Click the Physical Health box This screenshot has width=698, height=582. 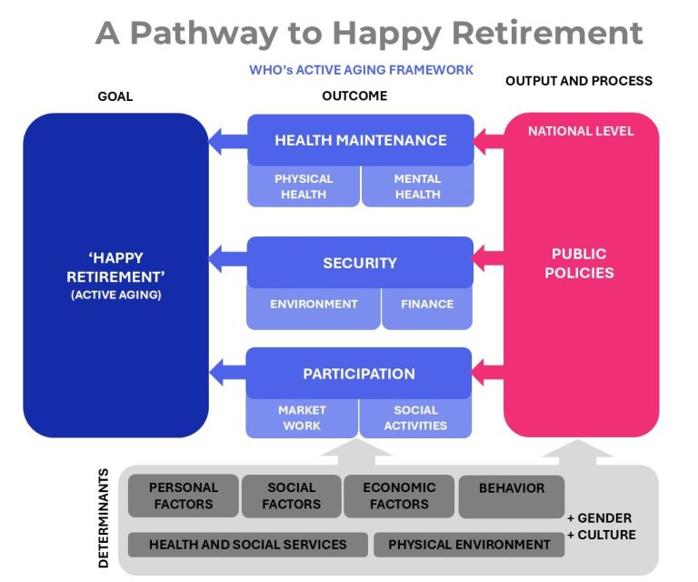pos(304,186)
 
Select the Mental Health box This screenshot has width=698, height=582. pos(417,186)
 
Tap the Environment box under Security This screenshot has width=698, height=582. pos(314,305)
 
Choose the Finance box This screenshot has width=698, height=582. pos(426,305)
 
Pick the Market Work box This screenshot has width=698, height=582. pos(302,418)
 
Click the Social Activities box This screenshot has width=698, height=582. pos(415,418)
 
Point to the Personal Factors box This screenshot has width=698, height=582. pos(183,496)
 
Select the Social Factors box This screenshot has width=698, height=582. pos(292,496)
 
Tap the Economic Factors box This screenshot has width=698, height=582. pos(399,496)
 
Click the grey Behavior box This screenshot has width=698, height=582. pos(511,491)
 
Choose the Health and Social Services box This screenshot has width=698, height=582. pos(248,545)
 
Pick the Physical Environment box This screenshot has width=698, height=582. pos(469,545)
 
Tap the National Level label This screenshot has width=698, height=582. pos(581,131)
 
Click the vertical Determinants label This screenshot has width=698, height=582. pos(104,518)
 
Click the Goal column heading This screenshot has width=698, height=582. pos(115,96)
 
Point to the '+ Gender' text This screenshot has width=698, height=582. pos(600,517)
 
